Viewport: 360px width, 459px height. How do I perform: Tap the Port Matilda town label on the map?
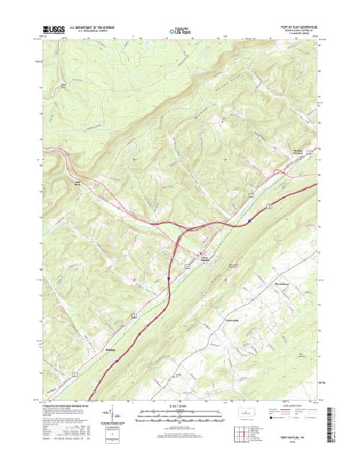[x=207, y=259]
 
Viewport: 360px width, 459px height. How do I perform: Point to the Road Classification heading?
[x=302, y=406]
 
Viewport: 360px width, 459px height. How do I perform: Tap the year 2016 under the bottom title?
[x=299, y=441]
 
